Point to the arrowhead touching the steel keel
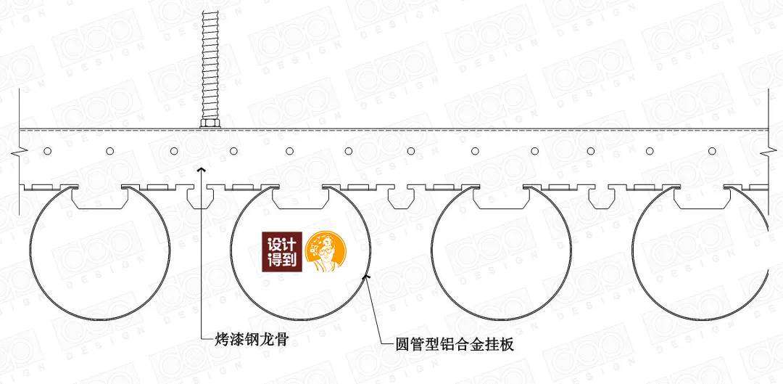201,169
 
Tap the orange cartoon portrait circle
327,255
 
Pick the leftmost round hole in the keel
48,151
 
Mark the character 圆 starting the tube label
388,344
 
